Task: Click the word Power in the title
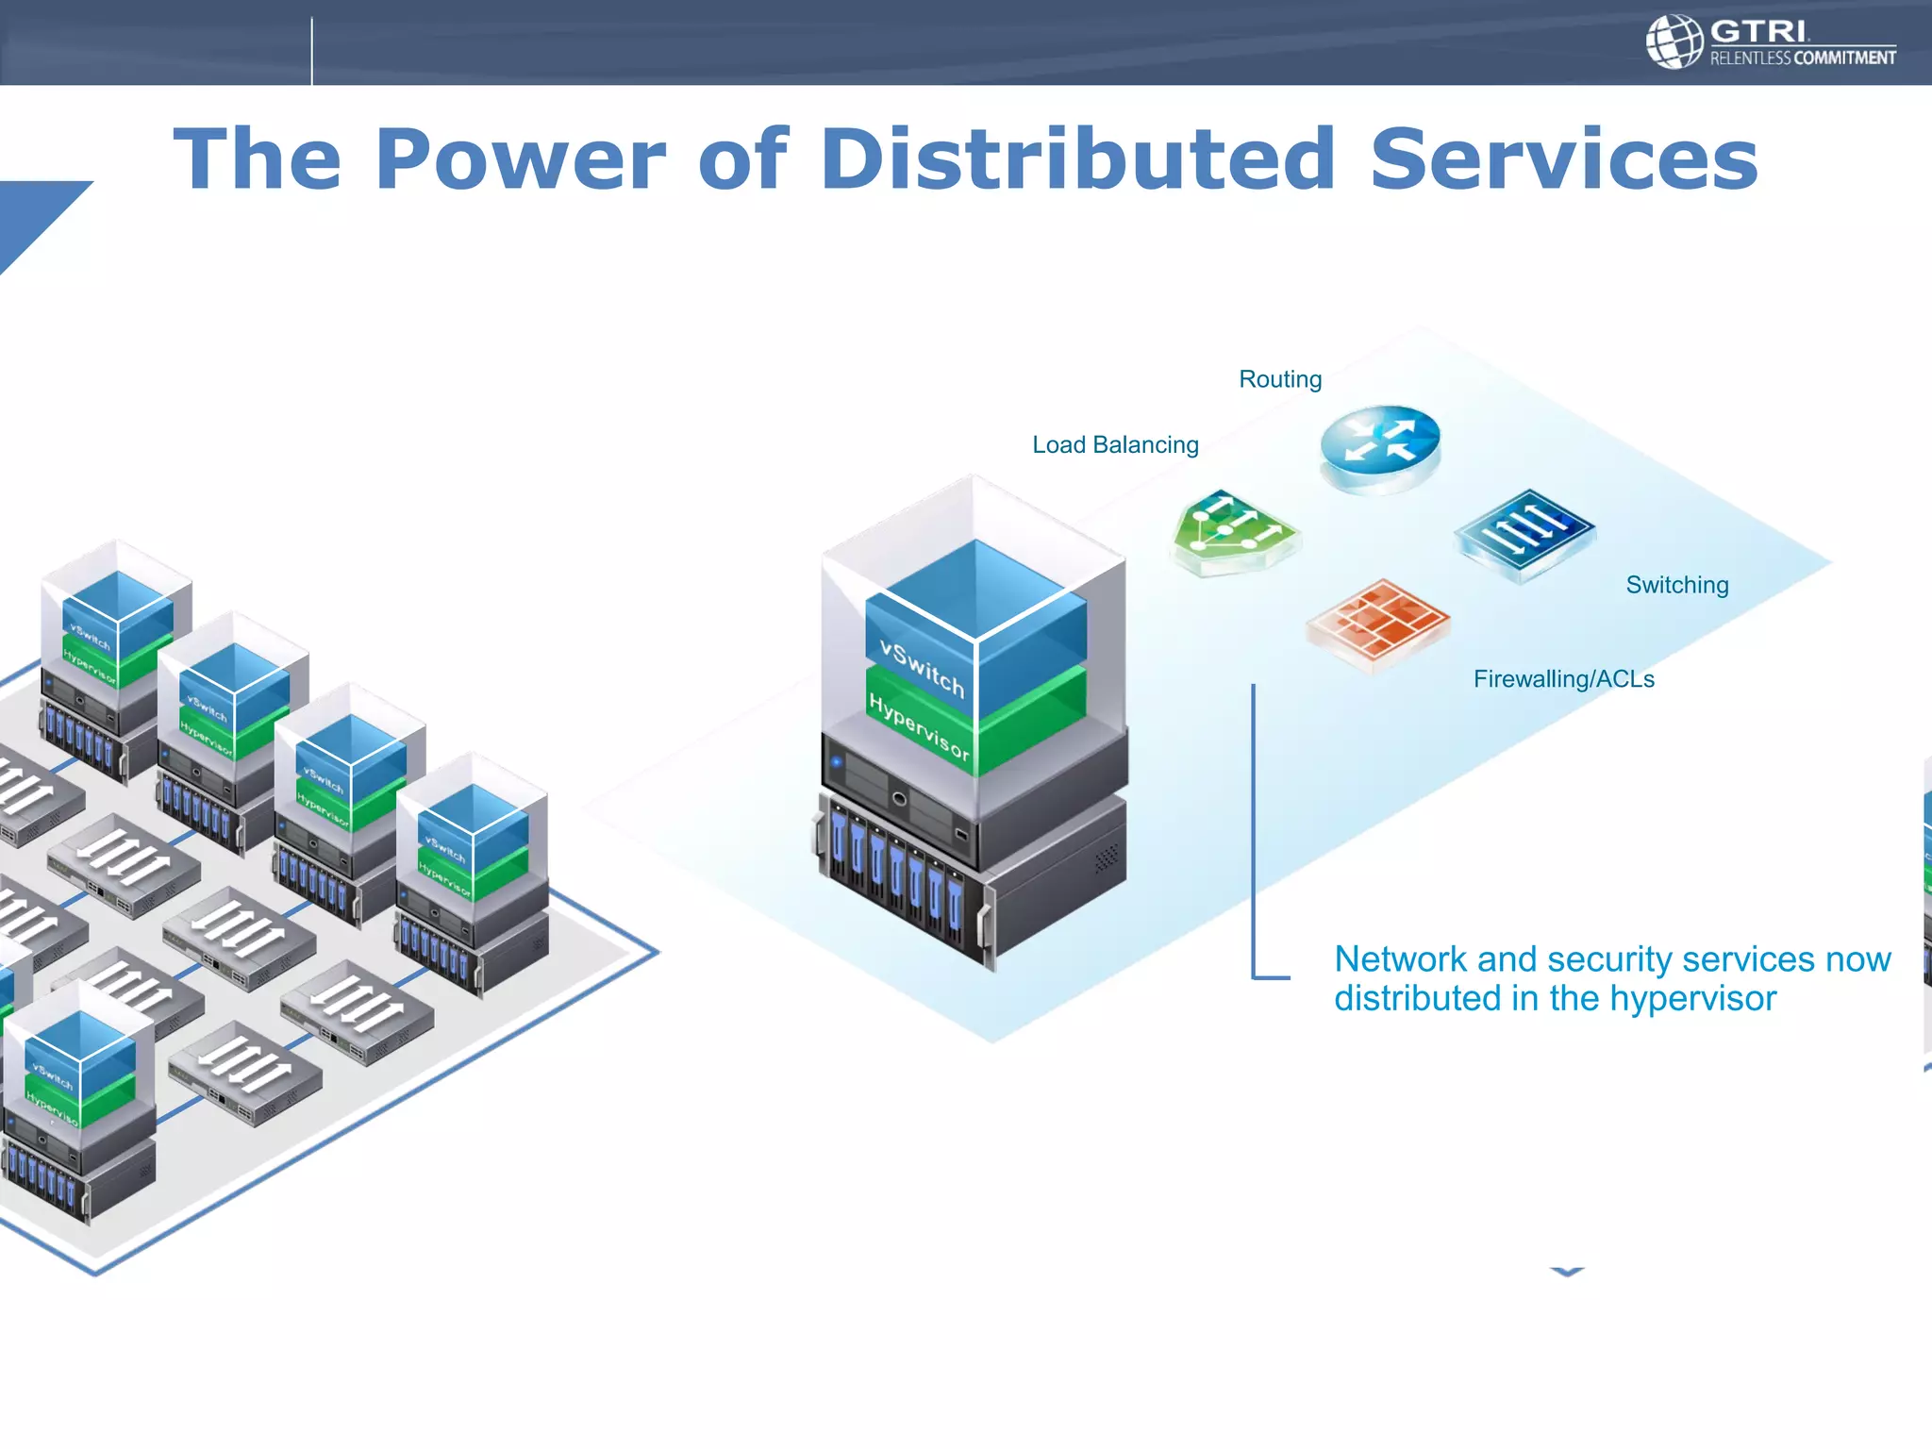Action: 520,159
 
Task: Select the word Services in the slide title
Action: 1563,159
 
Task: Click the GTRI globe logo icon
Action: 1673,42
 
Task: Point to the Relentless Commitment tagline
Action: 1802,58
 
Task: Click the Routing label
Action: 1280,379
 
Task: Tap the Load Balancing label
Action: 1115,444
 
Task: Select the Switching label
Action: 1676,585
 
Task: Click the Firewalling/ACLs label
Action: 1563,679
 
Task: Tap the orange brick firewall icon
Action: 1377,623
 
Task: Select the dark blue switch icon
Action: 1524,532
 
